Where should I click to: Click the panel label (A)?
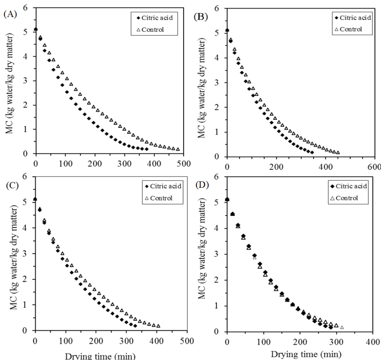tap(9, 14)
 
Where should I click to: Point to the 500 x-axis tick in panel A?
tap(185, 163)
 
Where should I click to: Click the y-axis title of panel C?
tap(10, 264)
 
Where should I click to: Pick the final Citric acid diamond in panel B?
tap(312, 152)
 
